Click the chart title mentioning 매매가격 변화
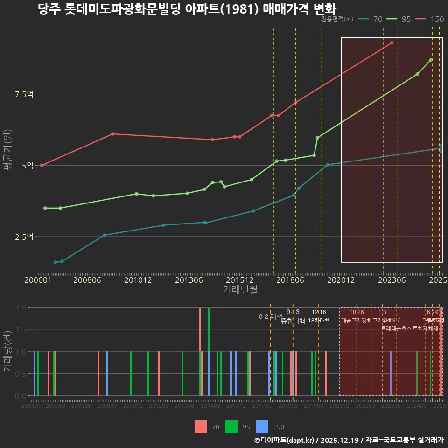(x=187, y=9)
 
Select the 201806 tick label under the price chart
(x=289, y=280)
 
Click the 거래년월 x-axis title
(x=240, y=290)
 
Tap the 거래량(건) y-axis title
(x=8, y=351)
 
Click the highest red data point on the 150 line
(x=392, y=43)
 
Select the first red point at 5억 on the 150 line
(x=42, y=165)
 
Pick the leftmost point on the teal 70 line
(x=55, y=262)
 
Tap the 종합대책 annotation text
(x=293, y=321)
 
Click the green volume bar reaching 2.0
(x=209, y=351)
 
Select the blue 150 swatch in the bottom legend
(x=262, y=427)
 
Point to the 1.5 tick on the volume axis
(x=21, y=329)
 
